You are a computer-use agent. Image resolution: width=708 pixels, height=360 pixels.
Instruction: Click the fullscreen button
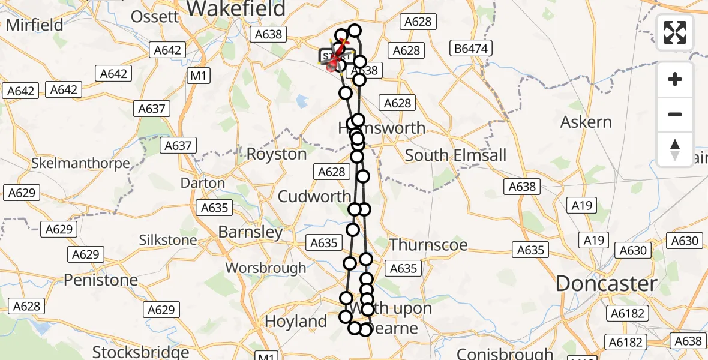click(675, 32)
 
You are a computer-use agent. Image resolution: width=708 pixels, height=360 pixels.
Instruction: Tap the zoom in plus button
click(675, 79)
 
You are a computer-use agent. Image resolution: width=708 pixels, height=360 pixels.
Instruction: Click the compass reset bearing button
click(675, 149)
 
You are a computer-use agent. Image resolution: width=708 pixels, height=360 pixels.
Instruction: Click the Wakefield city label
click(235, 8)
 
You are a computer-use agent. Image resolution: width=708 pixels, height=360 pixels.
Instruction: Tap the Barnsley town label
click(250, 232)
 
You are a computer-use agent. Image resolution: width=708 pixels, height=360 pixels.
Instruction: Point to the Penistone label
click(101, 280)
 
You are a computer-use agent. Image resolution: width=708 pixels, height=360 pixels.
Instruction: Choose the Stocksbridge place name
click(140, 352)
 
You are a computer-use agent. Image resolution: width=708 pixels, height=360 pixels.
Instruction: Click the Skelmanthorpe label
click(80, 163)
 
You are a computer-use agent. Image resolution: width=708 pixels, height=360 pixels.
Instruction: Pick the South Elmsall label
click(455, 155)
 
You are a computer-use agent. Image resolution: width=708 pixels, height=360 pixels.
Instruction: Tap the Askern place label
click(586, 122)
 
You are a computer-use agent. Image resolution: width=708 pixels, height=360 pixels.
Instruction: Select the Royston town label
click(277, 154)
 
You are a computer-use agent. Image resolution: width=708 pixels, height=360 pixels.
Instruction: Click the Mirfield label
click(35, 25)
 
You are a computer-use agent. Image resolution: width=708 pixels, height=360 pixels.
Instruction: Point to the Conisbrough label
click(505, 353)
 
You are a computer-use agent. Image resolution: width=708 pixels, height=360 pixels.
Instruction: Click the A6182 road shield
click(626, 313)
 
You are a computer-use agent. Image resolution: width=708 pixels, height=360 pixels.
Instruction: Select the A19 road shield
click(582, 206)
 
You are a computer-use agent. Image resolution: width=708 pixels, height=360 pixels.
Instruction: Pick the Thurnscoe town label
click(428, 244)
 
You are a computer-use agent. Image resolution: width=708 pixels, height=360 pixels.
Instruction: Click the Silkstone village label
click(168, 241)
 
